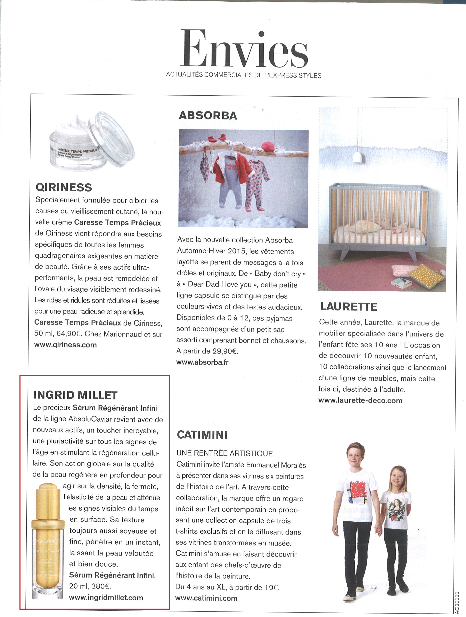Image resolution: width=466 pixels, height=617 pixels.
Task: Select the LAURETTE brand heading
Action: [x=349, y=307]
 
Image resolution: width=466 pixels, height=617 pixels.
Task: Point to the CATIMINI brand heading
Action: [x=202, y=435]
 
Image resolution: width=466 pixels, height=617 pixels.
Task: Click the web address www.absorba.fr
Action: [x=203, y=362]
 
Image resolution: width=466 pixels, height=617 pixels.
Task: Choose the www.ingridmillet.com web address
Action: [x=106, y=598]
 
